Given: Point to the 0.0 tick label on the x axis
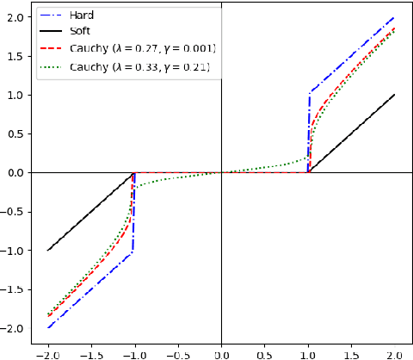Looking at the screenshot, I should pyautogui.click(x=222, y=352).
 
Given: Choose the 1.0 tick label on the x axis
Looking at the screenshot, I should pyautogui.click(x=308, y=352).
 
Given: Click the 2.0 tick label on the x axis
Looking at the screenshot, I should pyautogui.click(x=395, y=352).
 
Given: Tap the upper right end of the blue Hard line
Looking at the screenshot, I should pyautogui.click(x=395, y=17).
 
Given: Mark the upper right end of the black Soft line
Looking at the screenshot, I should pyautogui.click(x=395, y=95).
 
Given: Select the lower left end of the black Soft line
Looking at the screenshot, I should pyautogui.click(x=48, y=250).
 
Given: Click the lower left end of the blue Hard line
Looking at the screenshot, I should pyautogui.click(x=48, y=327).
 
